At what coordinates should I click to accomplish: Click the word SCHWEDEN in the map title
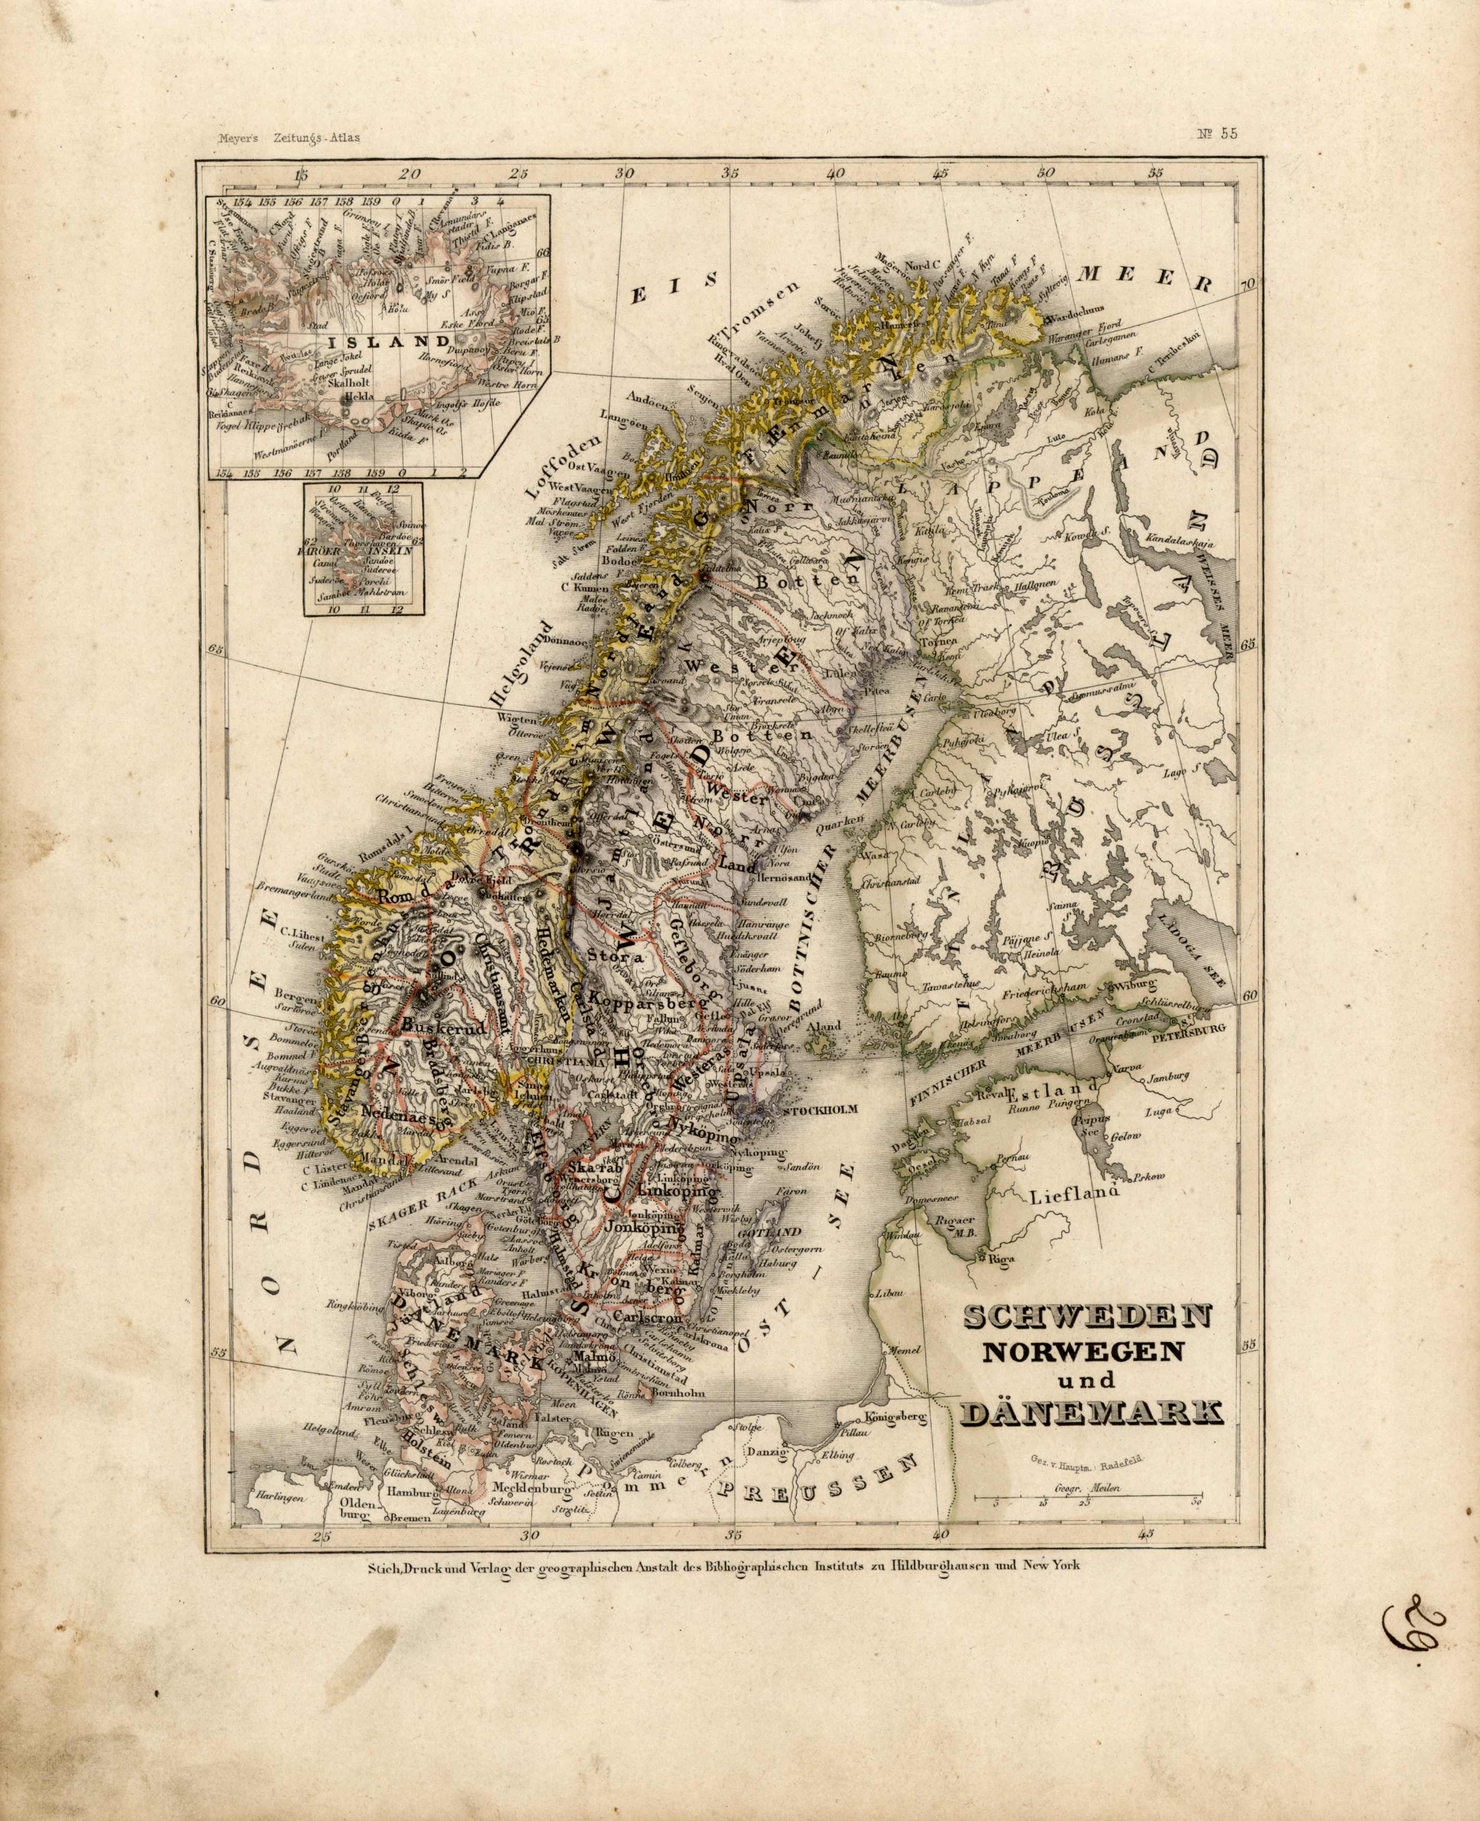tap(1087, 1341)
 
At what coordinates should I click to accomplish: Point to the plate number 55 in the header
tap(1217, 133)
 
